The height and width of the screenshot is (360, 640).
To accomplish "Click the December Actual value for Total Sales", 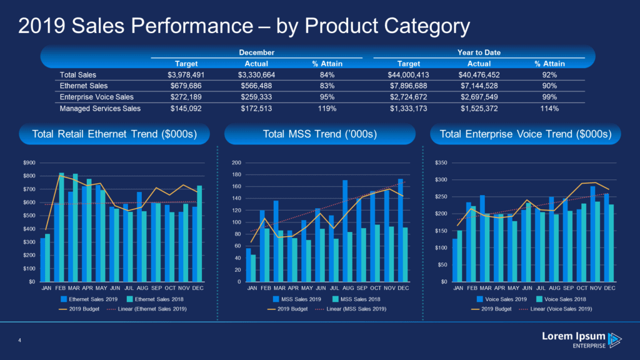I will pos(257,75).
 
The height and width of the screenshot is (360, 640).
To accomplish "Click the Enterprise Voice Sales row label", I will pos(96,97).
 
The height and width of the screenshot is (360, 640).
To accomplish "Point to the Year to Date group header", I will pos(479,52).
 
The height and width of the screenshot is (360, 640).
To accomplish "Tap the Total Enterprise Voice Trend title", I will pos(526,134).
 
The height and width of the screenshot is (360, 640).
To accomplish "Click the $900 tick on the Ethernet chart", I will pos(28,163).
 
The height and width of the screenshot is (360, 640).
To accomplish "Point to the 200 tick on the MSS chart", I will pos(237,163).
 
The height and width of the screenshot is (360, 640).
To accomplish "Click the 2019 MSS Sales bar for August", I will pos(345,231).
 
